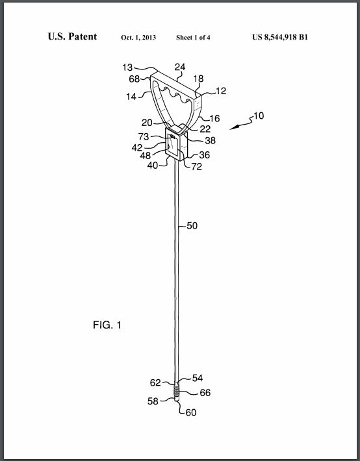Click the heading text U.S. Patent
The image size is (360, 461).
[x=72, y=36]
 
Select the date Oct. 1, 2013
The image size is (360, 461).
[x=138, y=38]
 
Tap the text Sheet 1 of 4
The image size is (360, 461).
[x=193, y=38]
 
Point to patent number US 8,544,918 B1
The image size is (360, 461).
[x=280, y=38]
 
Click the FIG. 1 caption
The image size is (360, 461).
[x=107, y=325]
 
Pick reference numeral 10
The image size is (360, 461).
[x=259, y=116]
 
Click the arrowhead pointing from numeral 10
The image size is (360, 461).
[x=233, y=128]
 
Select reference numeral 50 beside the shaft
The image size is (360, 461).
[x=192, y=226]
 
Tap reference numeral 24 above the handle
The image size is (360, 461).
[x=180, y=68]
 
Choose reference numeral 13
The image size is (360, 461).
[x=127, y=68]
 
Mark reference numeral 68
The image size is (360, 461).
[x=135, y=79]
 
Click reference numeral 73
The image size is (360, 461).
[x=144, y=137]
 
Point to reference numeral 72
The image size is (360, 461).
[x=196, y=167]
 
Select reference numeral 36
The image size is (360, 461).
[x=204, y=155]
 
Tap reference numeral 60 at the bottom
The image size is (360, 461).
[x=191, y=413]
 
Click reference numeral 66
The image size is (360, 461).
[x=205, y=393]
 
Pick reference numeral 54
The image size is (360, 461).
[x=197, y=378]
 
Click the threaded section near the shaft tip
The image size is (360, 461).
[x=176, y=391]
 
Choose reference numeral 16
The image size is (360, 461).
[x=214, y=118]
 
